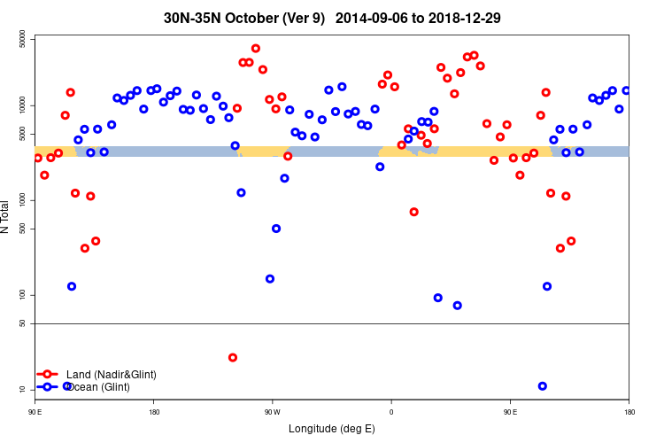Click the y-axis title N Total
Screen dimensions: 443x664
pos(7,217)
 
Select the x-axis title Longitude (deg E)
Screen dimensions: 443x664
pos(332,429)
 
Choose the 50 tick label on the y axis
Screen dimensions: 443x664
pos(23,323)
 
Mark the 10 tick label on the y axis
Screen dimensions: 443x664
pos(23,390)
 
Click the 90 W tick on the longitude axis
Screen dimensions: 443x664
pos(272,411)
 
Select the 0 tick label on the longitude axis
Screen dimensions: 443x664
pos(391,411)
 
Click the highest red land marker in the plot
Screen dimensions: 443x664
pos(256,49)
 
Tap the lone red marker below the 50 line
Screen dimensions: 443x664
pos(233,357)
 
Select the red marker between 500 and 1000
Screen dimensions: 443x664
pos(414,212)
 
